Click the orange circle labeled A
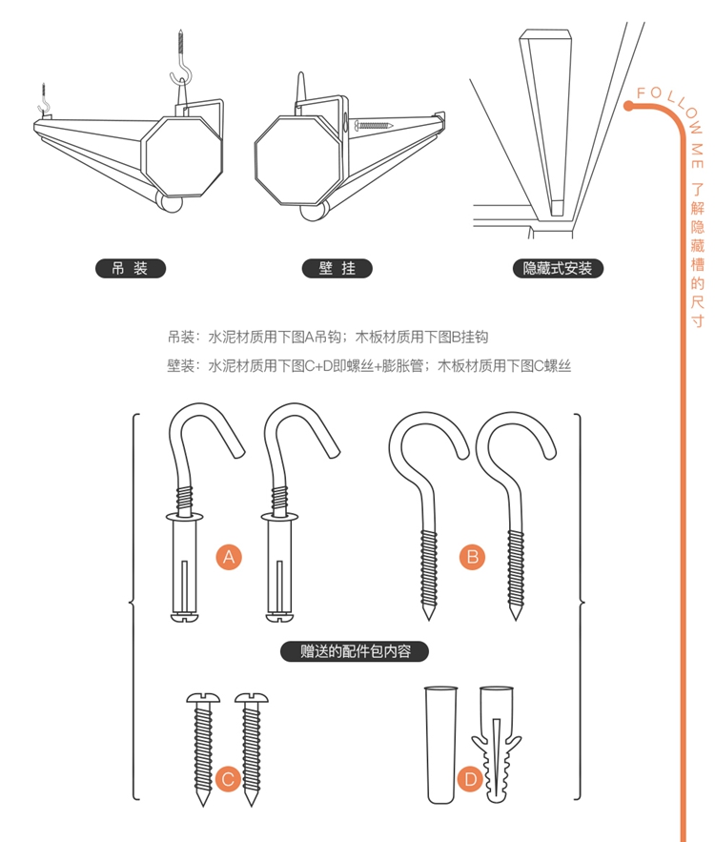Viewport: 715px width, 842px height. pyautogui.click(x=229, y=557)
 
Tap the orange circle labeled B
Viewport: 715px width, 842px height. pyautogui.click(x=472, y=557)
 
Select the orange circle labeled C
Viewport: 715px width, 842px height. pyautogui.click(x=228, y=779)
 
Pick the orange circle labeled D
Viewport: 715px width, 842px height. pyautogui.click(x=470, y=779)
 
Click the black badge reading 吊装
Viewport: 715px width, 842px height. pyautogui.click(x=131, y=269)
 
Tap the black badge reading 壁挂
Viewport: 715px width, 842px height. pyautogui.click(x=337, y=269)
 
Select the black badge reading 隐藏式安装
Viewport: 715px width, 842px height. pyautogui.click(x=559, y=269)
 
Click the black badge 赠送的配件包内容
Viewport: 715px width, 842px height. pyautogui.click(x=355, y=651)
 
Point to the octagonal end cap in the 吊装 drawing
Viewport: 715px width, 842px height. pyautogui.click(x=182, y=156)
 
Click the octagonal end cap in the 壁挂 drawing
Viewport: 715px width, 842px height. pyautogui.click(x=297, y=160)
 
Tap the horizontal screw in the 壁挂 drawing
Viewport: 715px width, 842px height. pyautogui.click(x=374, y=126)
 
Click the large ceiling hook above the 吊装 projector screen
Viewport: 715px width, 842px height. pyautogui.click(x=182, y=62)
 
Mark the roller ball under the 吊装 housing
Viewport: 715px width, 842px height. pyautogui.click(x=170, y=202)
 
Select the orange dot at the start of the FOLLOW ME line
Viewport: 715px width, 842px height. pyautogui.click(x=628, y=106)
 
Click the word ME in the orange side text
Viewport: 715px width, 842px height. pyautogui.click(x=697, y=154)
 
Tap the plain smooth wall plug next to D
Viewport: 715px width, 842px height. pyautogui.click(x=440, y=744)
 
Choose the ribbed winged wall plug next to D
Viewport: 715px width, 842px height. pyautogui.click(x=497, y=744)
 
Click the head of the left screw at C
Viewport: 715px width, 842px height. pyautogui.click(x=203, y=698)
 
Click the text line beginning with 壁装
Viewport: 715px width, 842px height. pyautogui.click(x=369, y=366)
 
